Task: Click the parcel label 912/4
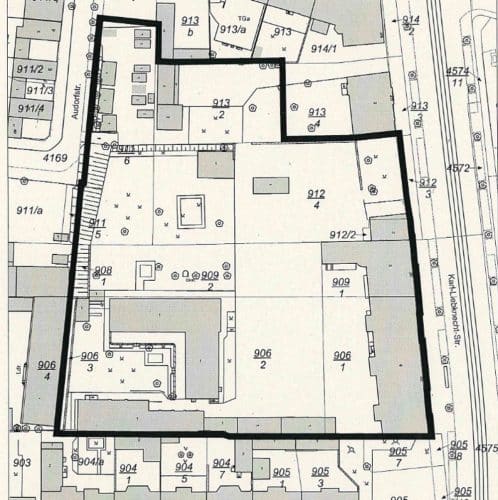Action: (316, 199)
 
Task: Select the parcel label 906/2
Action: (262, 359)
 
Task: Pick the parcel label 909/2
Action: (210, 280)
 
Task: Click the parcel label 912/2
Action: (343, 234)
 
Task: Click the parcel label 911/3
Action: (31, 90)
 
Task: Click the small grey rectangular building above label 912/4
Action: (271, 185)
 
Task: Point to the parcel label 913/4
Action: (317, 117)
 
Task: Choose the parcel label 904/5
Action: (184, 472)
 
